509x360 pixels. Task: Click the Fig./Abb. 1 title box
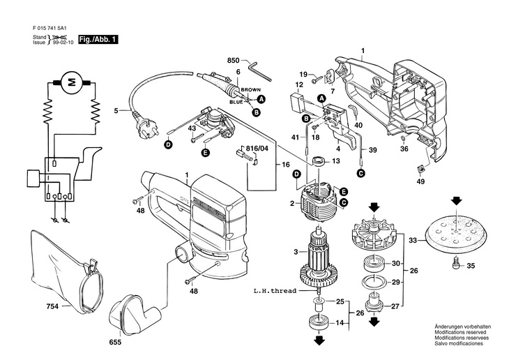coord(98,40)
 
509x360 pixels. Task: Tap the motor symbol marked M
coord(72,82)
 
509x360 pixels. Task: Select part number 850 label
coord(233,61)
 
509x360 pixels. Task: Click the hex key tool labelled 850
coord(259,72)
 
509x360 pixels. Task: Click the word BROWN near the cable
coord(250,90)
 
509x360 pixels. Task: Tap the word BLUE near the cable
coord(236,102)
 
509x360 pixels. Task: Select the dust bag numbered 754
coord(66,272)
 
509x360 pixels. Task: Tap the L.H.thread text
coord(275,291)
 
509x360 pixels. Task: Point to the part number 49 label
coord(420,181)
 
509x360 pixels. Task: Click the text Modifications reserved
coord(460,332)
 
